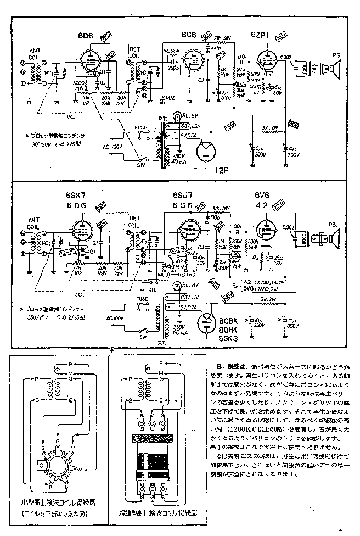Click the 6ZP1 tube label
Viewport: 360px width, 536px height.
pos(260,34)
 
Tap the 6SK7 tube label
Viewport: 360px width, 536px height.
pos(75,196)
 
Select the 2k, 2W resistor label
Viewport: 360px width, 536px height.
pos(270,300)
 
